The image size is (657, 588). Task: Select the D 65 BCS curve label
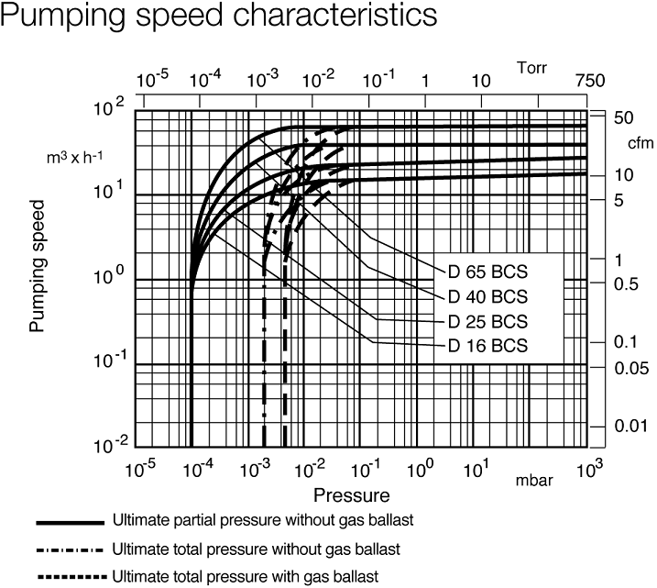tap(487, 273)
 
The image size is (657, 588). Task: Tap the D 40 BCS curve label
tap(487, 297)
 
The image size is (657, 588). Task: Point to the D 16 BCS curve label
tap(487, 346)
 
